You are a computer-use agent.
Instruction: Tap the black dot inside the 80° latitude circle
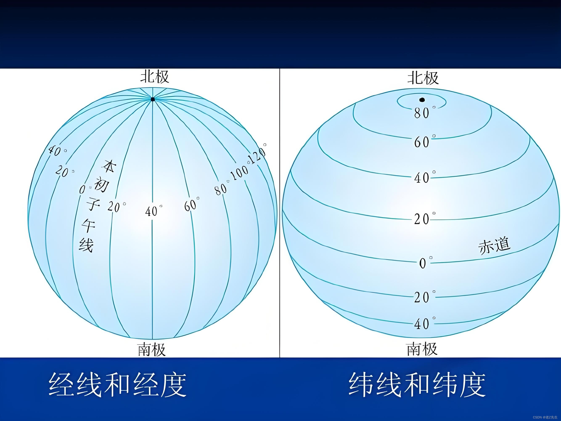(x=422, y=100)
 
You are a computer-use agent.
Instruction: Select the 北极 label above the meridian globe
(x=155, y=76)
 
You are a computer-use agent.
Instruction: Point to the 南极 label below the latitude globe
(x=422, y=349)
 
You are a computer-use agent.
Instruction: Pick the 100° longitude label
(x=239, y=173)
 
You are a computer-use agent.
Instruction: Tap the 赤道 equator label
(x=494, y=245)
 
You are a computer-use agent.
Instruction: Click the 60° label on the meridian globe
(x=192, y=204)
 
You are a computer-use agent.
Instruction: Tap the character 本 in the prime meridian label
(x=109, y=165)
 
